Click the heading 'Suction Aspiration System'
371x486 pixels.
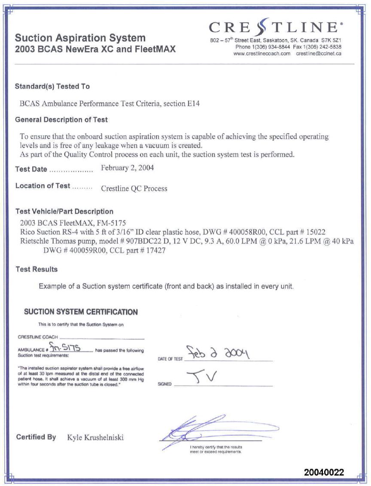[x=80, y=38]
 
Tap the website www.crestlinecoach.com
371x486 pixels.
[x=262, y=54]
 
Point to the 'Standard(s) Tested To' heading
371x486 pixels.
[x=52, y=86]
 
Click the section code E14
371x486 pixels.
[x=194, y=104]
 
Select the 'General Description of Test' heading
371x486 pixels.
[x=61, y=119]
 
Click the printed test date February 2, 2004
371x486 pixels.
[x=127, y=168]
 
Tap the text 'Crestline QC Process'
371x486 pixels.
[x=134, y=188]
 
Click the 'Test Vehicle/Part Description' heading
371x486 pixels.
[x=64, y=211]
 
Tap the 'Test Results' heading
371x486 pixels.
[x=36, y=269]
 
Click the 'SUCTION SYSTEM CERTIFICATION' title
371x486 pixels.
[x=81, y=312]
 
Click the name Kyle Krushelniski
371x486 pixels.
[x=95, y=437]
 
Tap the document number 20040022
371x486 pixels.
[x=324, y=472]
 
